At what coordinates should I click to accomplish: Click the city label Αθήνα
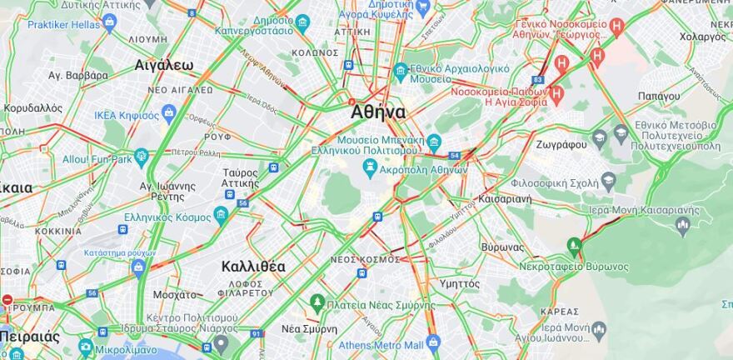(378, 112)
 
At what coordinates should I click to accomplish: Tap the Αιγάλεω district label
(164, 65)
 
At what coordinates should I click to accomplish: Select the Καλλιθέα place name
(253, 267)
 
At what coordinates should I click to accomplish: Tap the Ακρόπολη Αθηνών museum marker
(369, 167)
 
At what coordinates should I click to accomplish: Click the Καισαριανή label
(506, 200)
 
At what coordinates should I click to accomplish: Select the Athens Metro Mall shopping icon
(432, 342)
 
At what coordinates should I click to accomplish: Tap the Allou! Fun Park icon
(142, 156)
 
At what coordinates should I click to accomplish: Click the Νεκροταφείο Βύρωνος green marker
(573, 246)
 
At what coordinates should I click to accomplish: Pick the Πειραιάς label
(30, 337)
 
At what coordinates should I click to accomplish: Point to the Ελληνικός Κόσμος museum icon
(221, 215)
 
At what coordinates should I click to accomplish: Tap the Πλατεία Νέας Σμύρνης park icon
(317, 302)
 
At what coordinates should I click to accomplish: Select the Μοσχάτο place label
(175, 294)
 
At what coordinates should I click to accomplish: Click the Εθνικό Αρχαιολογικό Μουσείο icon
(401, 70)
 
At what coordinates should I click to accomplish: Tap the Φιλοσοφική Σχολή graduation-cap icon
(608, 180)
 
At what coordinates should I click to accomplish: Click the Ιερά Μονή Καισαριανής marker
(684, 223)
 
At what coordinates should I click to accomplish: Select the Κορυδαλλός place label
(33, 107)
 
